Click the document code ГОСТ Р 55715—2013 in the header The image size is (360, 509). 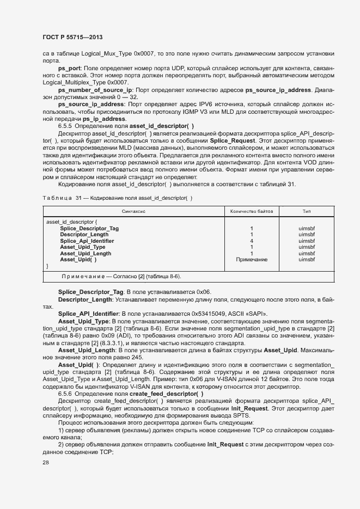pyautogui.click(x=72, y=37)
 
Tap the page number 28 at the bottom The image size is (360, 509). pyautogui.click(x=45, y=463)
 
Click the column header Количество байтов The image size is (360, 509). pyautogui.click(x=251, y=211)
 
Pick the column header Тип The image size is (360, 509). pyautogui.click(x=307, y=211)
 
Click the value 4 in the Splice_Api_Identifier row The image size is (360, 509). pyautogui.click(x=251, y=241)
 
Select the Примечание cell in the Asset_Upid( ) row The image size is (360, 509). pyautogui.click(x=251, y=260)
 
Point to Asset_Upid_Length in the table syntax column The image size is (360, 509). pyautogui.click(x=86, y=253)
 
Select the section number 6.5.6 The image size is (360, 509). pyautogui.click(x=67, y=394)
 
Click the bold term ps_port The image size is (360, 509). pyautogui.click(x=70, y=68)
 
